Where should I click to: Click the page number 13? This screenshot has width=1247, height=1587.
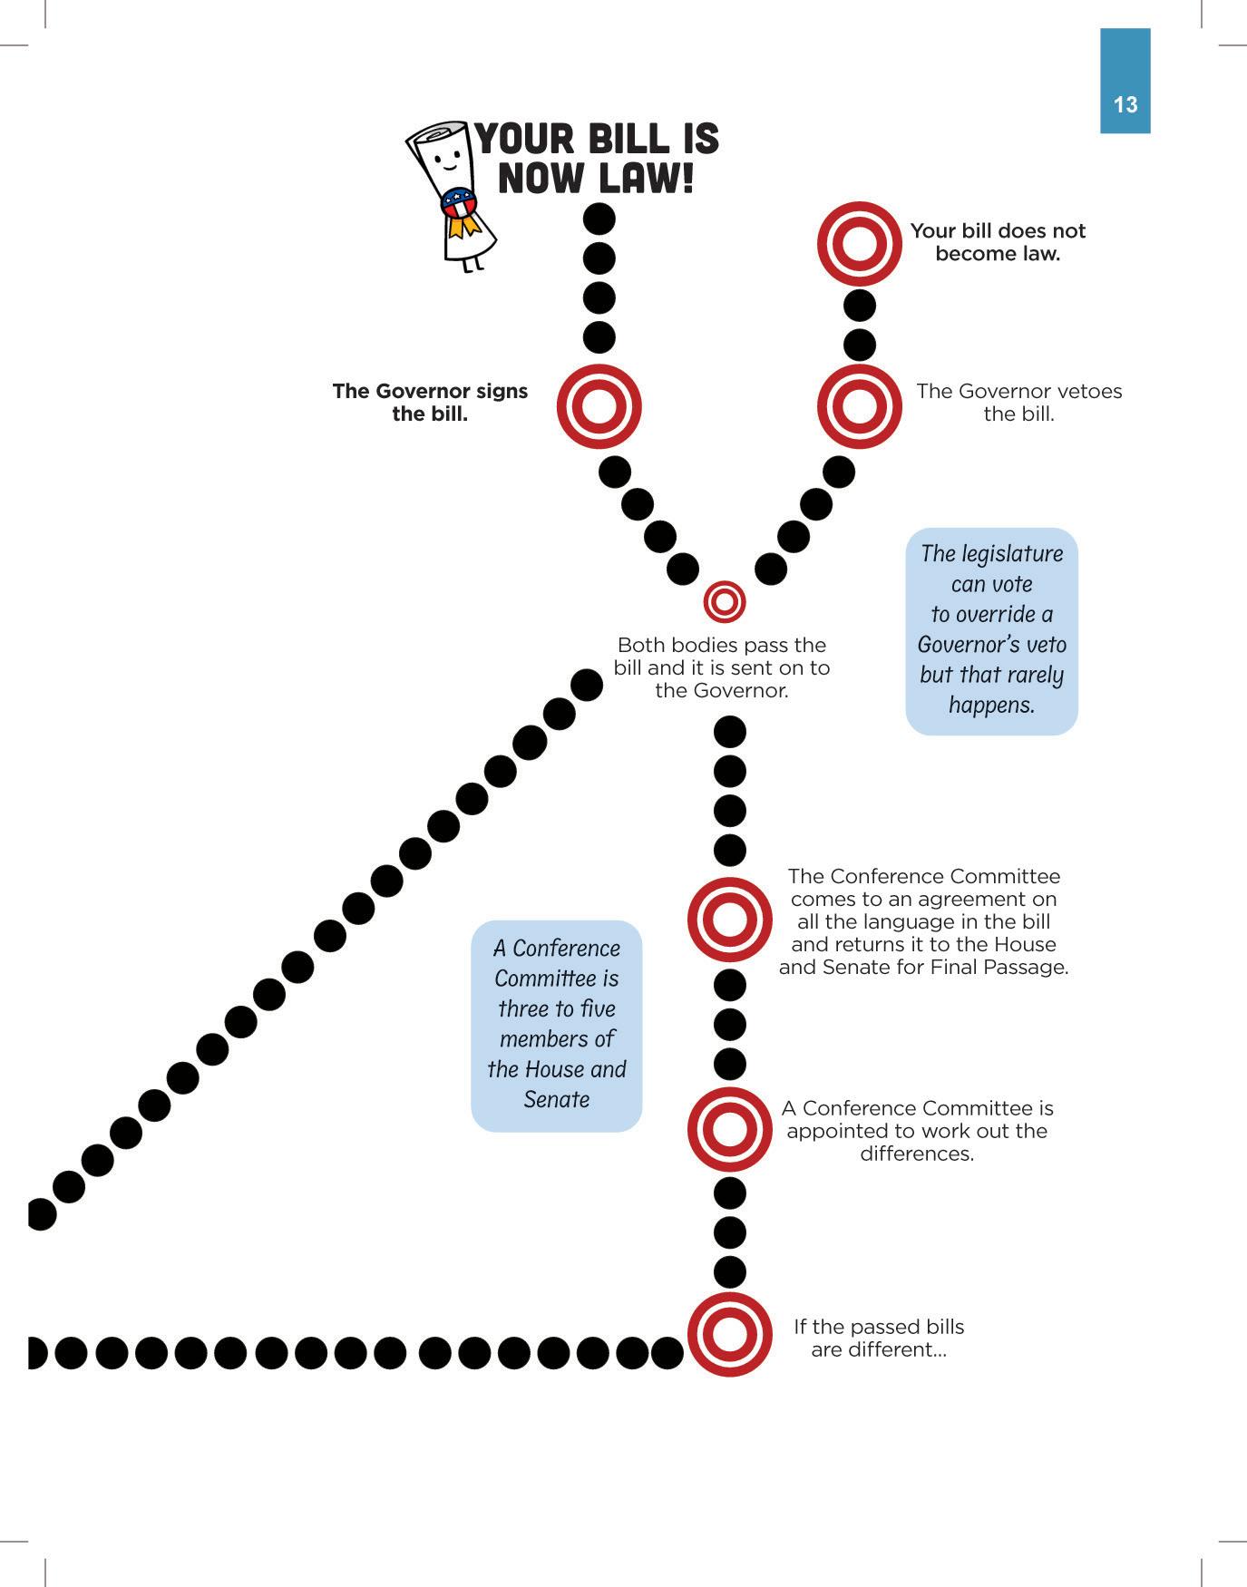coord(1125,105)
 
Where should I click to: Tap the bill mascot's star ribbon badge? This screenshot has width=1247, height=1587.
coord(459,204)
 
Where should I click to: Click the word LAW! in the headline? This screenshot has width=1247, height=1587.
coord(646,177)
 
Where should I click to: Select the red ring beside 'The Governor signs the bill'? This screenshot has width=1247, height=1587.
coord(599,405)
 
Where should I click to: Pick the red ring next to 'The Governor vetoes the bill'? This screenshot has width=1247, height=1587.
coord(859,405)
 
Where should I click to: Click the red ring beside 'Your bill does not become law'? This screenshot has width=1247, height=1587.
coord(859,244)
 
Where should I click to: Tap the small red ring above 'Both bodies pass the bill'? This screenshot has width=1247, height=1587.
coord(724,601)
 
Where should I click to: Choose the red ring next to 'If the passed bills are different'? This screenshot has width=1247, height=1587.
coord(729,1335)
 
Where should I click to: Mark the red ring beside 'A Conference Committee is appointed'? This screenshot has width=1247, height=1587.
coord(729,1129)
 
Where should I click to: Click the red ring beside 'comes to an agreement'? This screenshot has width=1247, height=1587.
coord(729,920)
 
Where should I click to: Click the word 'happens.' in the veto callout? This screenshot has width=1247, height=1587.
coord(991,705)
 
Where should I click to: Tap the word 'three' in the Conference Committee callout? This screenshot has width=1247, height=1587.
coord(522,1008)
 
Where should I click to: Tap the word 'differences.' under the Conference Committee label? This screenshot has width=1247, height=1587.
coord(917,1154)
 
